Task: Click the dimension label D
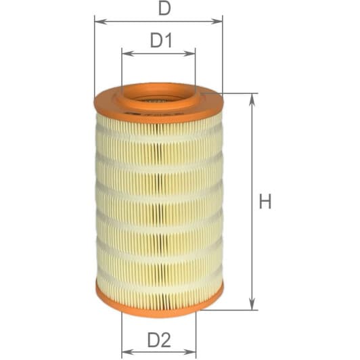pos(163,9)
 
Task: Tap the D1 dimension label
pos(160,41)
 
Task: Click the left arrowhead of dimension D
pos(99,22)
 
